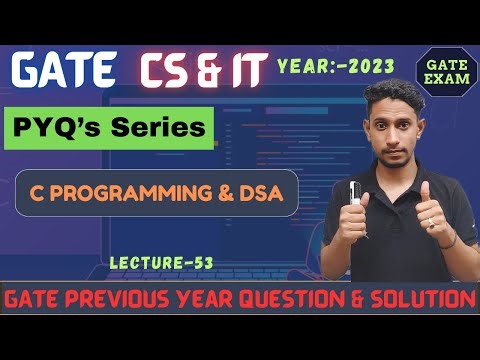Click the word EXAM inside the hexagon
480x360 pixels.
[x=441, y=79]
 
